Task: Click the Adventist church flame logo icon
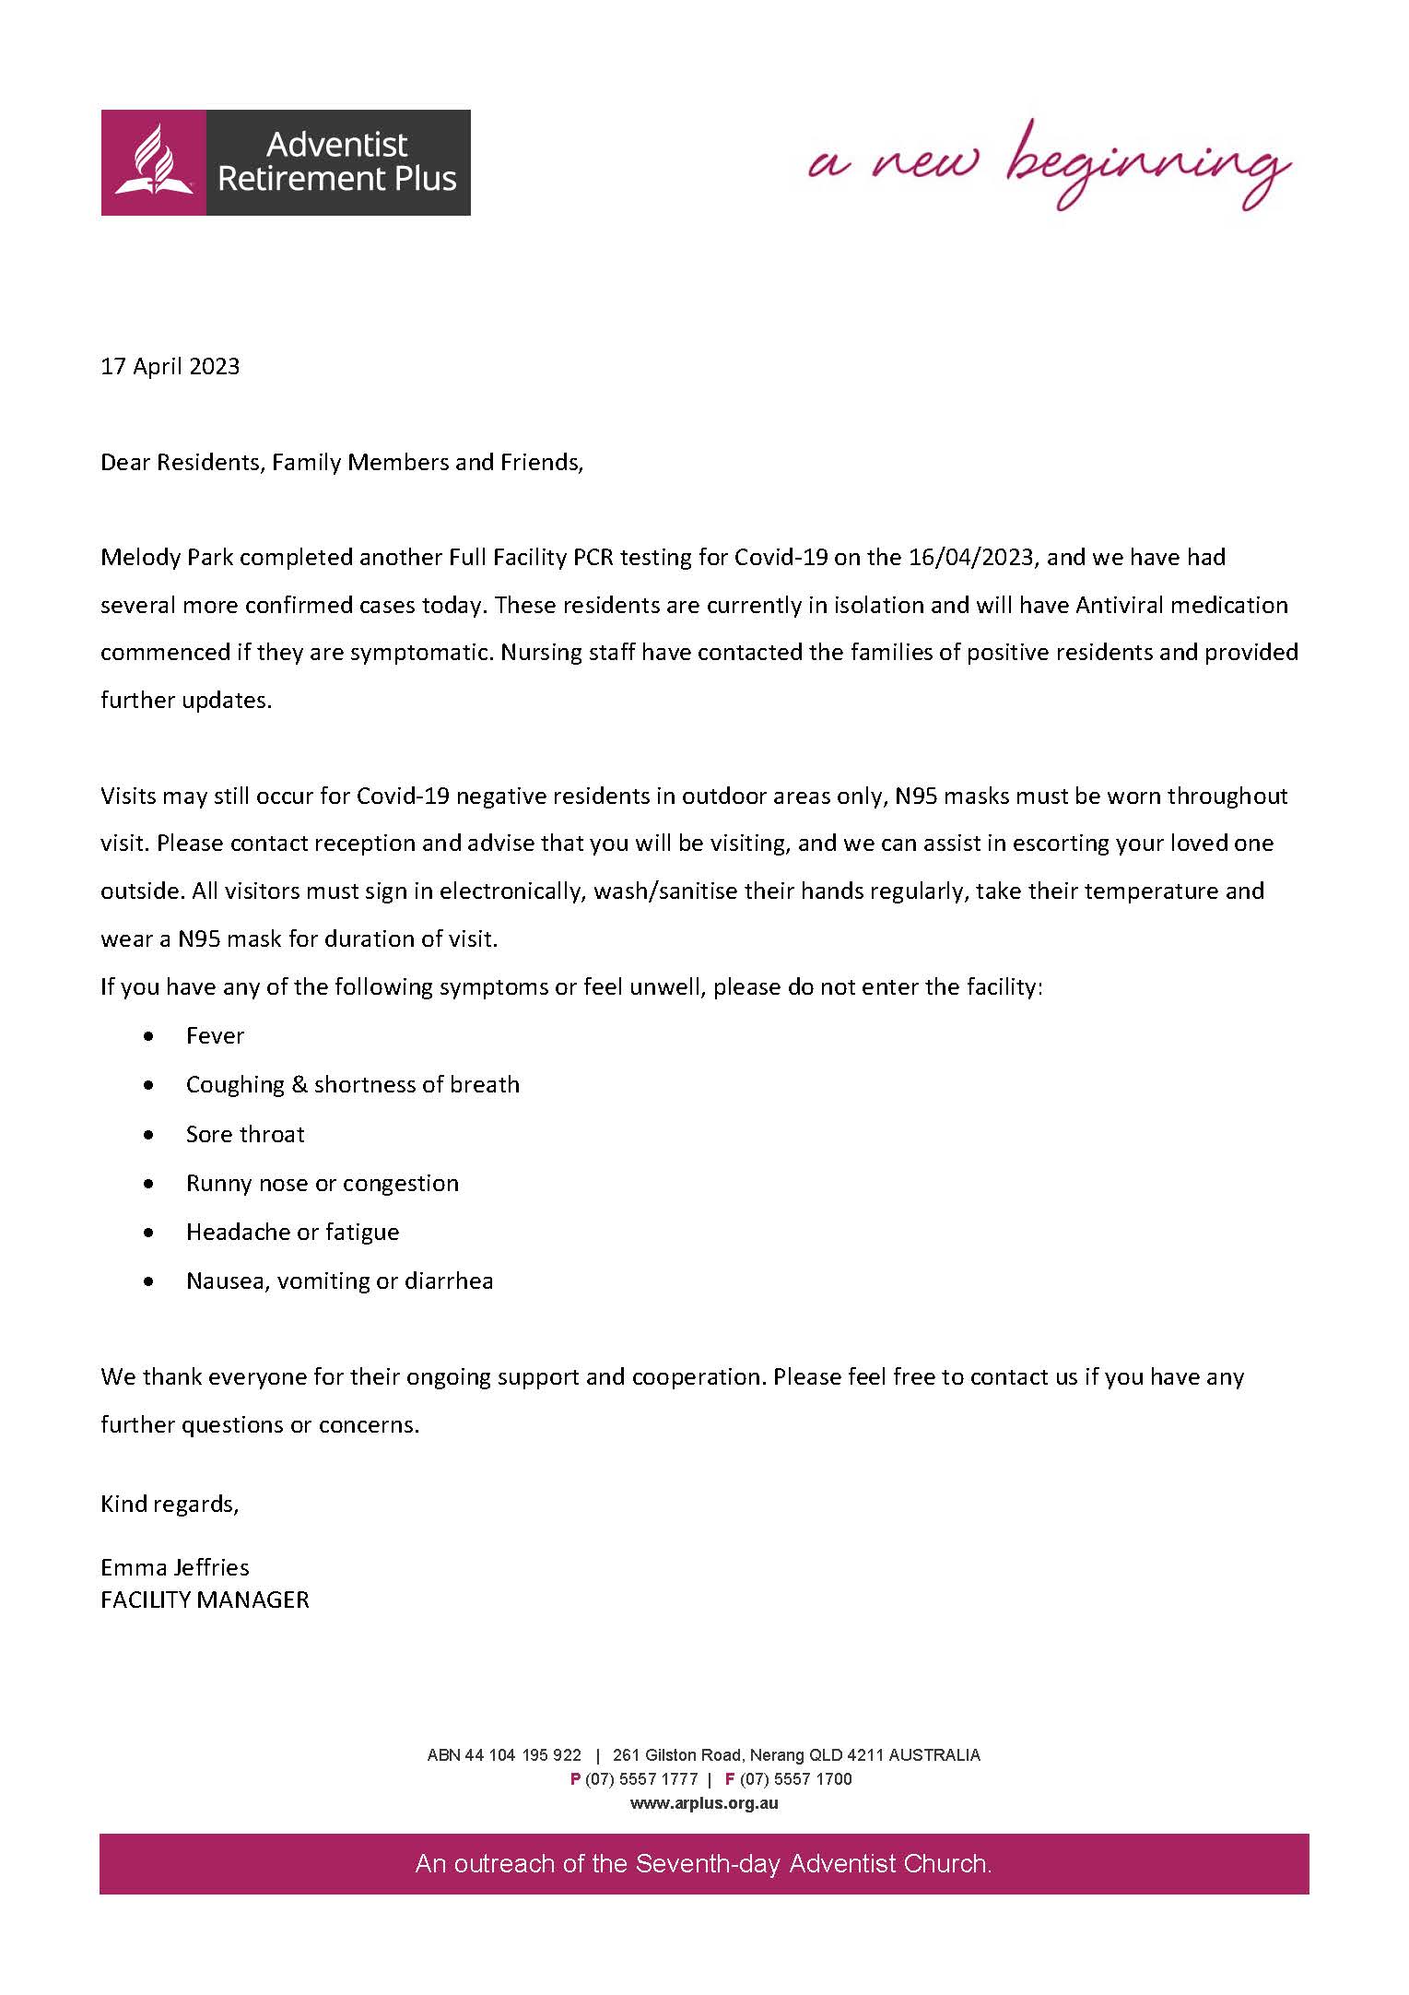tap(153, 162)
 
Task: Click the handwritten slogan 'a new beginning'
tap(1048, 166)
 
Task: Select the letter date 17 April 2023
tap(170, 367)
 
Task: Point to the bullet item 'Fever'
tap(215, 1036)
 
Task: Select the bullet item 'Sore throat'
tap(245, 1135)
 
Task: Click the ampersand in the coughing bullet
tap(299, 1085)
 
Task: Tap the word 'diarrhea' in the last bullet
tap(449, 1281)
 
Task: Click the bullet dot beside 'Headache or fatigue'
tap(149, 1233)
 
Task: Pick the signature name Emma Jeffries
tap(175, 1567)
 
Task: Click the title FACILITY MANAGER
tap(205, 1600)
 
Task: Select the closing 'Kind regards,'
tap(170, 1504)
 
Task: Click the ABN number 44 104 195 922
tap(523, 1755)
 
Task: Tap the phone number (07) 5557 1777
tap(641, 1779)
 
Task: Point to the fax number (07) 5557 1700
tap(796, 1779)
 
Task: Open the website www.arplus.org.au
tap(704, 1803)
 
